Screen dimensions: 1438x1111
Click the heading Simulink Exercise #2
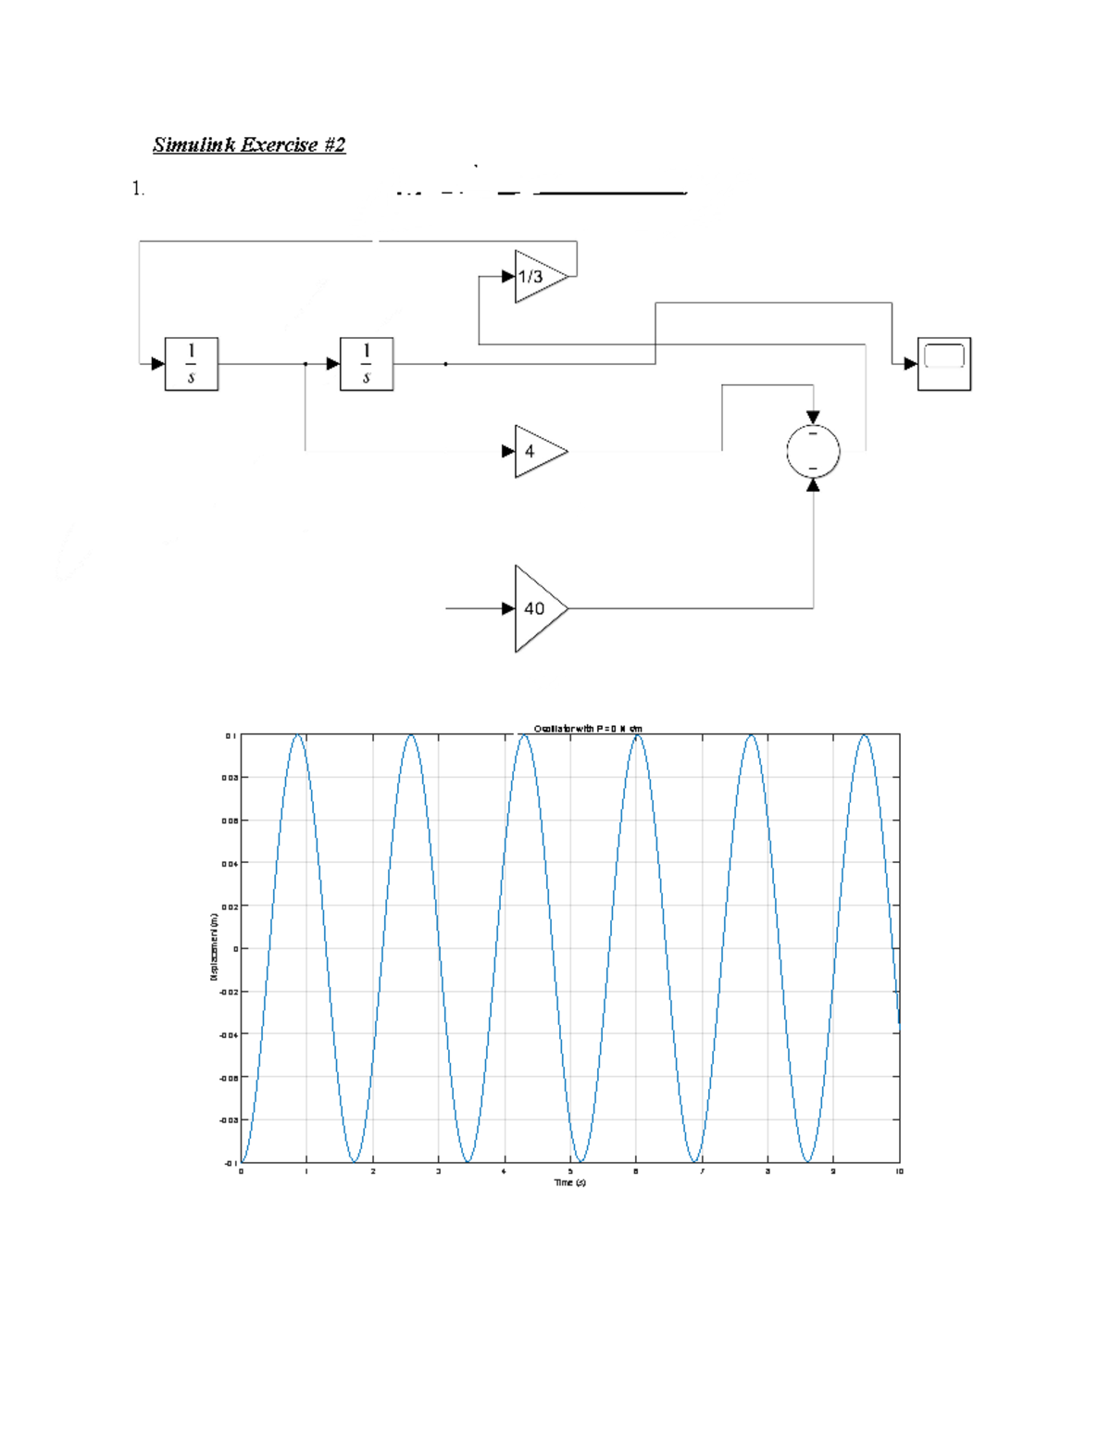click(x=249, y=144)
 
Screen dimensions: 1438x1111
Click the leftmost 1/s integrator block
click(x=192, y=364)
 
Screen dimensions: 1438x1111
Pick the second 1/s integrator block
click(x=367, y=364)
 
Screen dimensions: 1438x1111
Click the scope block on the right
click(x=943, y=364)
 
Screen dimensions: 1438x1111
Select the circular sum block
click(x=813, y=452)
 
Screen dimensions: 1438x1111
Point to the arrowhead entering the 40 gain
click(x=508, y=608)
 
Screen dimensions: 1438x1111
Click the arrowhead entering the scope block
click(x=910, y=364)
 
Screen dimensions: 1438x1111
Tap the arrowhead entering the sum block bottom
click(x=813, y=485)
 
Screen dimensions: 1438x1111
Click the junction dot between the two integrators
click(x=306, y=364)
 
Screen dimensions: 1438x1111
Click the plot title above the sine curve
click(x=588, y=729)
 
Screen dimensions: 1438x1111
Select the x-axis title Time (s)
click(x=569, y=1182)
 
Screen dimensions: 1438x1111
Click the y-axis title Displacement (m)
click(x=213, y=947)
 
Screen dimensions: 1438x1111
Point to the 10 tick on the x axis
click(x=898, y=1171)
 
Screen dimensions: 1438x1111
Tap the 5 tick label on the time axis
click(x=570, y=1171)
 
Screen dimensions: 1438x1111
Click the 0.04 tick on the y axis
click(x=229, y=863)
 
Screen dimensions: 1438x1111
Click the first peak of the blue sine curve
click(x=298, y=735)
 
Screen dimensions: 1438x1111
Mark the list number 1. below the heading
click(x=138, y=189)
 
